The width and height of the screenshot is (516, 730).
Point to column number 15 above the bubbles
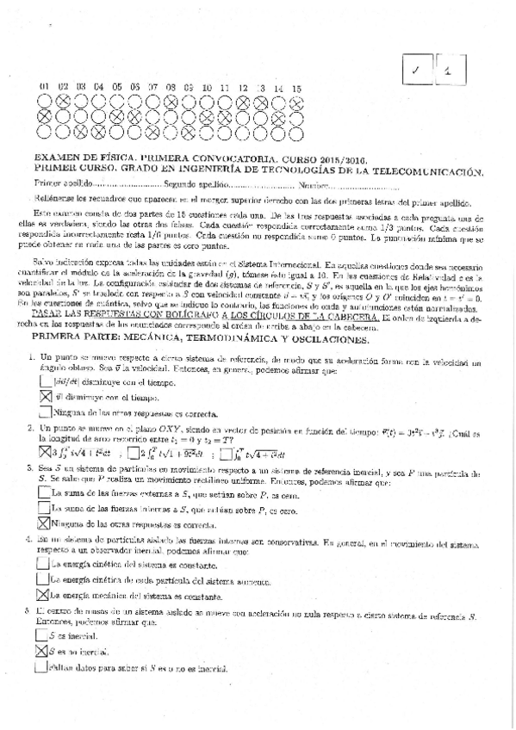point(296,89)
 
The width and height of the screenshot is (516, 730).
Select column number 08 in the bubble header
point(171,89)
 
